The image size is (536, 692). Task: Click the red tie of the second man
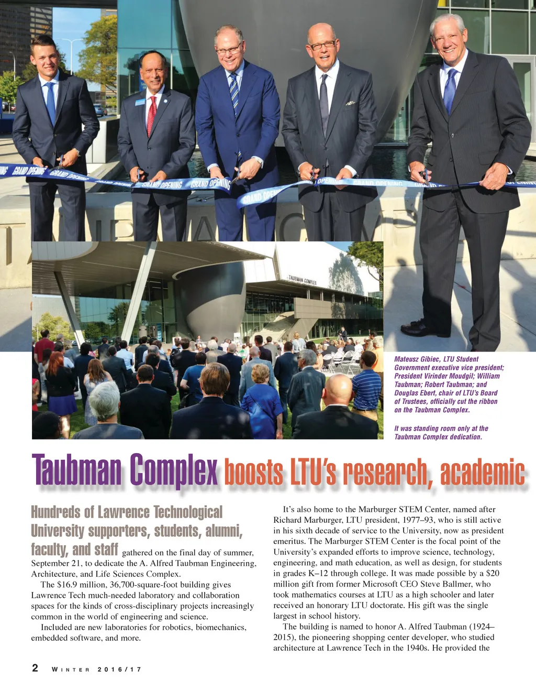tap(151, 115)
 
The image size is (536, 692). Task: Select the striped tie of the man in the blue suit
tap(234, 92)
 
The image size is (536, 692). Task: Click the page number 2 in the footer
tap(35, 668)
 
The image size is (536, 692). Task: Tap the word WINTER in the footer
tap(71, 669)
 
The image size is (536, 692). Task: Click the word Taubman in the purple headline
tap(77, 470)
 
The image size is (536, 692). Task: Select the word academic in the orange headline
tap(482, 473)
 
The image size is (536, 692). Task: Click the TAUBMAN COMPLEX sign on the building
tap(302, 280)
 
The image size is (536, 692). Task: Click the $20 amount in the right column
tap(492, 573)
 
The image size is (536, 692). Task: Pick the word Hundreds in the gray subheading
tap(55, 512)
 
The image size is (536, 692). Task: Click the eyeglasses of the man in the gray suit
tap(322, 46)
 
